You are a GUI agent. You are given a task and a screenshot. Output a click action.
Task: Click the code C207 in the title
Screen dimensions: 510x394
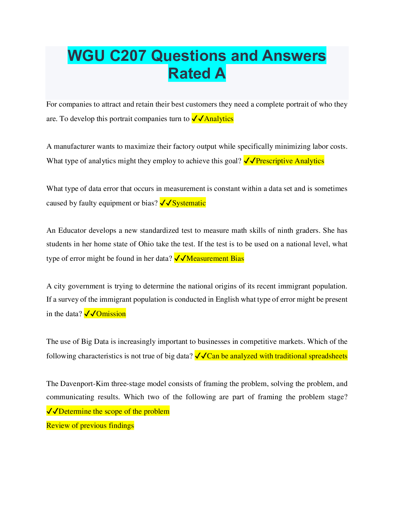pos(128,56)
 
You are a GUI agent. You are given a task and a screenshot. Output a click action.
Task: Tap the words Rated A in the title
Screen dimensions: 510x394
pos(197,73)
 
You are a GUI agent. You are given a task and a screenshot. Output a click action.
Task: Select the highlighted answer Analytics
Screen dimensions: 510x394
pos(219,119)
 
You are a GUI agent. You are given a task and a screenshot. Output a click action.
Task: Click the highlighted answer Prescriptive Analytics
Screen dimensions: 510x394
pos(290,161)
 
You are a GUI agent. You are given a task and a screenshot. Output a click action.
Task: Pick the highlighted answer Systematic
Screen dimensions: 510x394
pos(189,203)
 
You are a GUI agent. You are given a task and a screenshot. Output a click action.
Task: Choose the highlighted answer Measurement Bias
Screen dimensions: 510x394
pos(215,259)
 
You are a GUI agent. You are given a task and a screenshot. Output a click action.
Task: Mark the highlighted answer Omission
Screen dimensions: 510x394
pos(111,314)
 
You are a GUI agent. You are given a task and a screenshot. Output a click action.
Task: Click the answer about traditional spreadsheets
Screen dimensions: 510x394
pos(277,356)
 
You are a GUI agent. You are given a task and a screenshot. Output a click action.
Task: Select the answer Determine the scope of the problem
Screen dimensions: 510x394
pos(114,411)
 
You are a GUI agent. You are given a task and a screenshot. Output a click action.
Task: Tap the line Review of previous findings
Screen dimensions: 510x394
pos(90,426)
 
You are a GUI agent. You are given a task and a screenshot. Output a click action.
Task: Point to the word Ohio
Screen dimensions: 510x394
pos(146,244)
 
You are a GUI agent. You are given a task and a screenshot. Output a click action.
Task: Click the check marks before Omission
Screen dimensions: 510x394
pos(90,314)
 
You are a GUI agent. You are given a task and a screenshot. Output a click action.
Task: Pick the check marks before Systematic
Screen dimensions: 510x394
pos(166,203)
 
